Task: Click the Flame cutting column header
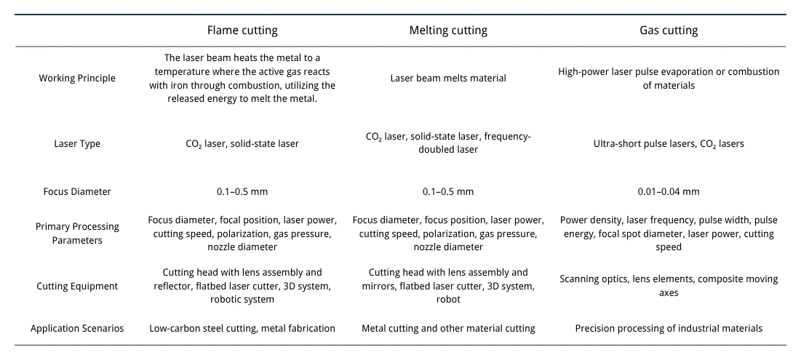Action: pyautogui.click(x=242, y=31)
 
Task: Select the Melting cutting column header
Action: pyautogui.click(x=448, y=31)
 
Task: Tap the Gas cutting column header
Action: pyautogui.click(x=669, y=31)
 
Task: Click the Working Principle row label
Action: pyautogui.click(x=77, y=79)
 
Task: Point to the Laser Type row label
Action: pyautogui.click(x=77, y=144)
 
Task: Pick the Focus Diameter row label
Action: pyautogui.click(x=77, y=192)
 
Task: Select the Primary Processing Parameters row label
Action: pyautogui.click(x=77, y=233)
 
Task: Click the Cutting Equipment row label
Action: pyautogui.click(x=77, y=286)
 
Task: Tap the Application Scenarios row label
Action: pyautogui.click(x=77, y=329)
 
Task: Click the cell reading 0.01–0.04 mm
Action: pyautogui.click(x=669, y=192)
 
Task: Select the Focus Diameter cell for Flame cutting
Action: pyautogui.click(x=242, y=192)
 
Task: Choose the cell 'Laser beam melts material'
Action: pyautogui.click(x=448, y=79)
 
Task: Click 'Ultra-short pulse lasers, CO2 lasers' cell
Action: pyautogui.click(x=669, y=144)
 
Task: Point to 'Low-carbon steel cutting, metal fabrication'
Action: pyautogui.click(x=242, y=329)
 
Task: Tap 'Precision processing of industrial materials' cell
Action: pyautogui.click(x=669, y=329)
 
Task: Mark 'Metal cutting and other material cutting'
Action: pyautogui.click(x=448, y=329)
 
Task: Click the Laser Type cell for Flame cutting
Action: pyautogui.click(x=242, y=144)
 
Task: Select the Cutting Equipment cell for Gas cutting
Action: pyautogui.click(x=669, y=286)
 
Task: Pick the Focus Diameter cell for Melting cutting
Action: pyautogui.click(x=448, y=192)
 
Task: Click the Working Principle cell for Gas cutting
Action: pyautogui.click(x=669, y=79)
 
